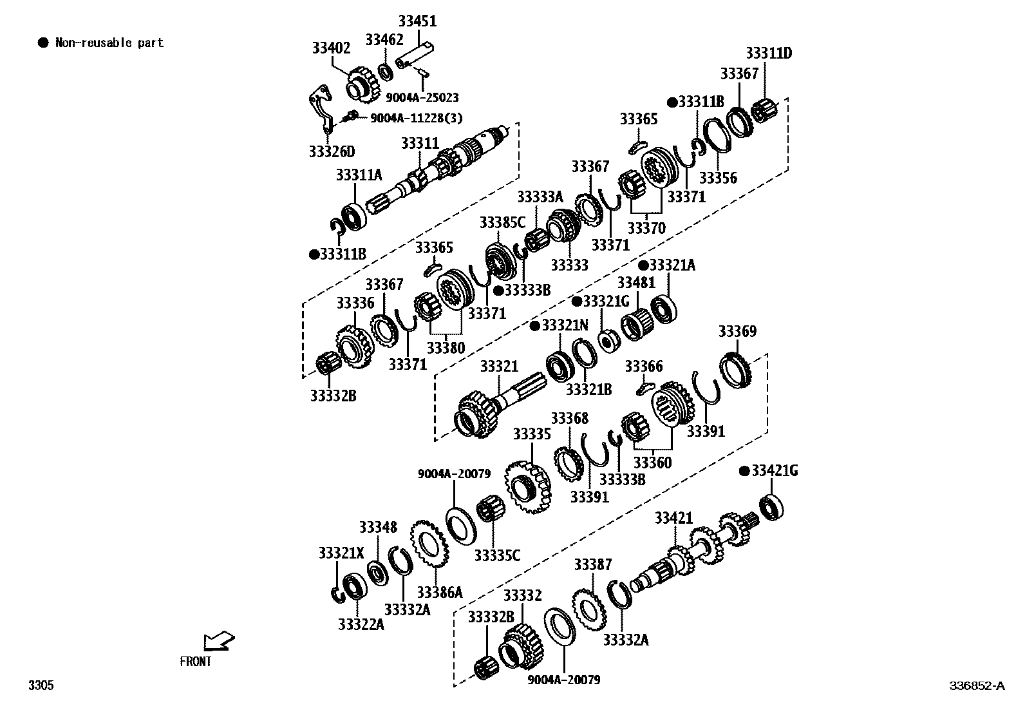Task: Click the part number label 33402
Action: tap(331, 48)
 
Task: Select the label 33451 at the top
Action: tap(417, 21)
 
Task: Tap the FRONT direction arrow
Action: tap(218, 642)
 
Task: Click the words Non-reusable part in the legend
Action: tap(109, 43)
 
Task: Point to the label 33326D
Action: tap(332, 152)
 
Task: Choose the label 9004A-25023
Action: tap(422, 97)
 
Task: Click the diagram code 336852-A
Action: tap(976, 685)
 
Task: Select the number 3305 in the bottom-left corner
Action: tap(41, 685)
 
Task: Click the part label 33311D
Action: tap(769, 53)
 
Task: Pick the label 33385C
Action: tap(502, 223)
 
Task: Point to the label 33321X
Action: tap(341, 553)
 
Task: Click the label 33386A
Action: tap(439, 591)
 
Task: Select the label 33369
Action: tap(737, 331)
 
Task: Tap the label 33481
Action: tap(636, 283)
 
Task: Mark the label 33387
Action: tap(593, 565)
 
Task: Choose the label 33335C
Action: tap(497, 554)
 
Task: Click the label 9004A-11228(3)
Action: tap(416, 118)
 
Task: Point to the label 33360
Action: tap(652, 463)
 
